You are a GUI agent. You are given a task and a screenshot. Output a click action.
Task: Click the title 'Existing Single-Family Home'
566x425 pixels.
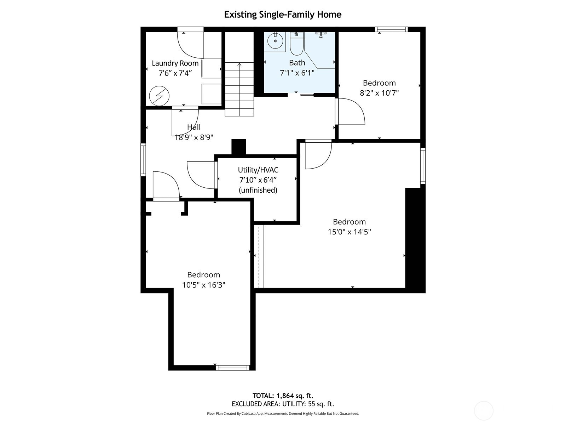tap(283, 15)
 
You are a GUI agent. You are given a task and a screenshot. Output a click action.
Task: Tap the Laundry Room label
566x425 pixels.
tap(175, 63)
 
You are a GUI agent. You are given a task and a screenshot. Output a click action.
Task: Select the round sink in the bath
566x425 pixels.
tap(275, 41)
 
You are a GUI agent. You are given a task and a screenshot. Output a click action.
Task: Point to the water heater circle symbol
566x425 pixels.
tap(159, 96)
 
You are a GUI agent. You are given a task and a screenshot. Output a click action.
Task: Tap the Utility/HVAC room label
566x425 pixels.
tap(258, 170)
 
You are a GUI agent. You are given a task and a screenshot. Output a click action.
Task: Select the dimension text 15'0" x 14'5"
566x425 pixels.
tap(349, 232)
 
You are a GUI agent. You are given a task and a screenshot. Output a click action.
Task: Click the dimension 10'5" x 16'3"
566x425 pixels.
tap(203, 285)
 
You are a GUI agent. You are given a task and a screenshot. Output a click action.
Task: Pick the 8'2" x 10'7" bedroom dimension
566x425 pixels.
tap(379, 93)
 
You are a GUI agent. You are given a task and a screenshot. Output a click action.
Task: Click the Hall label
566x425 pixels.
tap(194, 127)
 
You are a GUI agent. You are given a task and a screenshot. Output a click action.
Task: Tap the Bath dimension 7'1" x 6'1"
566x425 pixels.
tap(297, 73)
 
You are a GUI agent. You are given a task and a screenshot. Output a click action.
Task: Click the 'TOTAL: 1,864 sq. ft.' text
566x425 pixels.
tap(283, 396)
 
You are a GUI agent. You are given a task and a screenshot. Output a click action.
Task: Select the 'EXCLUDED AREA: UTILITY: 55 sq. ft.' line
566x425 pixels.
tap(283, 404)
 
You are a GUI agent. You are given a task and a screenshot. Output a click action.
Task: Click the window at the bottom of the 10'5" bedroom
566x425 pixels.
tap(232, 368)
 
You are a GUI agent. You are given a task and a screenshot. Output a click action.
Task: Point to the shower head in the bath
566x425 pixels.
tap(321, 35)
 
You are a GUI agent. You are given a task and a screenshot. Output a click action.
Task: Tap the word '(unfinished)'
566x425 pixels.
tap(258, 190)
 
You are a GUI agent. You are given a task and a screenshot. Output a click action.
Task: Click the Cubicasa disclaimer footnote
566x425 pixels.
tap(283, 413)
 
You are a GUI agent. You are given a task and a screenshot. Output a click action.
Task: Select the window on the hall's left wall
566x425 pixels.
tap(143, 159)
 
